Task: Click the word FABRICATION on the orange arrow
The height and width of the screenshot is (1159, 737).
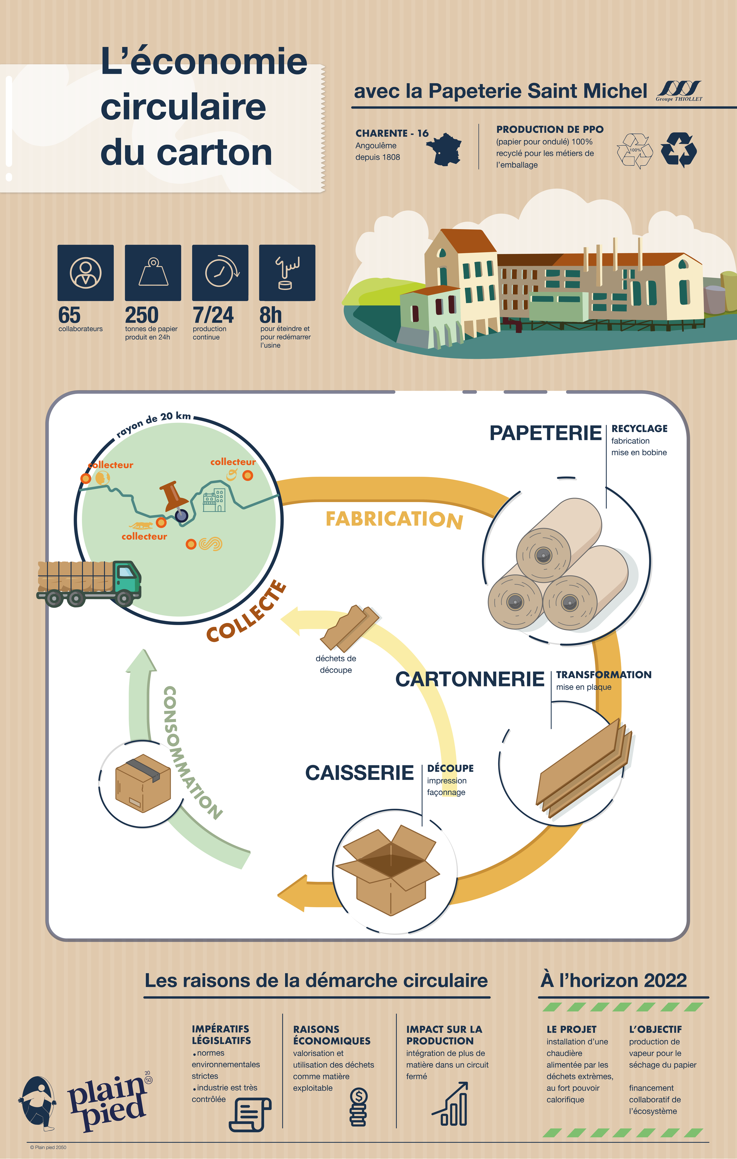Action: click(x=394, y=519)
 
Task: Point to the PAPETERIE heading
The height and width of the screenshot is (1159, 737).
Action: click(x=545, y=433)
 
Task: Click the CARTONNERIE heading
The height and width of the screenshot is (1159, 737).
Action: click(x=469, y=679)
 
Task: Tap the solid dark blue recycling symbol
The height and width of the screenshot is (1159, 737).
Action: click(x=679, y=150)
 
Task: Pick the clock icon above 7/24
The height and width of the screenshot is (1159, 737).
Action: click(x=220, y=272)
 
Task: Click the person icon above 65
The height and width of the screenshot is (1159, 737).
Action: click(x=86, y=272)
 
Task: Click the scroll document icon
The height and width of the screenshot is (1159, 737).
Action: click(x=249, y=1114)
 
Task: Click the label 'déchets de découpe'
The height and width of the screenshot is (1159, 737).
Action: click(x=335, y=664)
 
